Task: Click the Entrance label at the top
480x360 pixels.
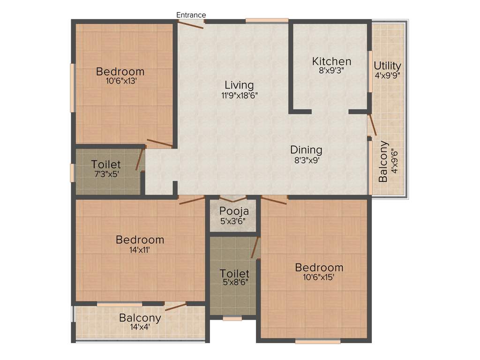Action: (x=191, y=15)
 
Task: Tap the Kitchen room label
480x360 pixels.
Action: (x=332, y=61)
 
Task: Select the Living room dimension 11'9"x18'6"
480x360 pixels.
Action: (x=239, y=95)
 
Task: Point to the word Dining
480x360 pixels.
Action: (x=306, y=150)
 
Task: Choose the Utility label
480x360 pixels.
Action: (x=387, y=65)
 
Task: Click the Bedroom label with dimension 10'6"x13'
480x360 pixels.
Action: (x=120, y=72)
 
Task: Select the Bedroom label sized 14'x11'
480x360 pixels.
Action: (x=140, y=240)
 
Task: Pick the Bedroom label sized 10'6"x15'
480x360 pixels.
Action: (x=319, y=268)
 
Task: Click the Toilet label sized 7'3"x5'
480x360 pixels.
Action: (x=106, y=165)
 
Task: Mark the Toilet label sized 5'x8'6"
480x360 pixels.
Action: (x=234, y=273)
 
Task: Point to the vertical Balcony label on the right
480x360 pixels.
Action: (x=383, y=161)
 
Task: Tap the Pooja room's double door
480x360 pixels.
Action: (x=233, y=199)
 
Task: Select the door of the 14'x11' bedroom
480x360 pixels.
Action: (x=191, y=200)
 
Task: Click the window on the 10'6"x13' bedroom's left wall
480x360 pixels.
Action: (x=72, y=88)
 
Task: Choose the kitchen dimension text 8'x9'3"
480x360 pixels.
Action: (x=332, y=71)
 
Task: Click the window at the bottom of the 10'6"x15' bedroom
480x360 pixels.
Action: (x=318, y=341)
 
